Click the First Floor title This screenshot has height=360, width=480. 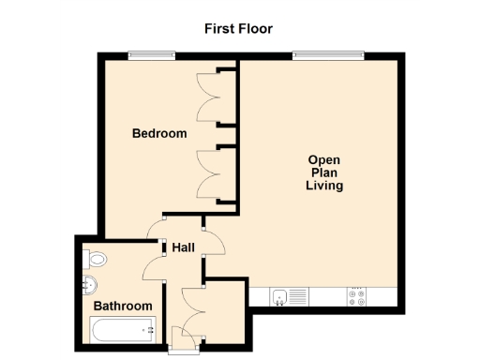(x=239, y=28)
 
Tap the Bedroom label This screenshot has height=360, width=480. (x=158, y=134)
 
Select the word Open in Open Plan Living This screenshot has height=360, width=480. (x=324, y=159)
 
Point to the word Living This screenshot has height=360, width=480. (x=324, y=186)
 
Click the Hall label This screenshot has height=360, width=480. (x=183, y=247)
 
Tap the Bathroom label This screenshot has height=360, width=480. (x=122, y=306)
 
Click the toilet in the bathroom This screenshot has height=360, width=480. (x=96, y=259)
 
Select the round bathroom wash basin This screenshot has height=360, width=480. (x=89, y=285)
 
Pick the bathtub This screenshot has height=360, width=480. (x=122, y=329)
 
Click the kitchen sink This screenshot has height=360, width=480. (x=279, y=297)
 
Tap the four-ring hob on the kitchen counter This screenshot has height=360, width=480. (x=357, y=297)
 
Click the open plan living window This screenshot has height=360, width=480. (x=327, y=54)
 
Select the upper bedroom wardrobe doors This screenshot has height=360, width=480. (x=208, y=97)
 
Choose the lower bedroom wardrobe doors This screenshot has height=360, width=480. (x=208, y=173)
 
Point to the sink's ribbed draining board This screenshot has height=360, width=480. (x=297, y=297)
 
